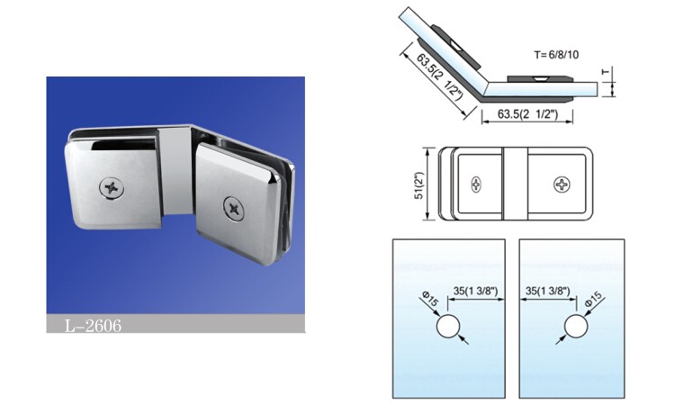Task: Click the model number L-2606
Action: (93, 326)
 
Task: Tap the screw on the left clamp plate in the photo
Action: (112, 188)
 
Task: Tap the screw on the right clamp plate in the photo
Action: (234, 209)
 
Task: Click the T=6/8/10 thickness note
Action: (556, 55)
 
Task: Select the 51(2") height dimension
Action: (418, 185)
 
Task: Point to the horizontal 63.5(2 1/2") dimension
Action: (527, 114)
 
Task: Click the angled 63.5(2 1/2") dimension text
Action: (439, 76)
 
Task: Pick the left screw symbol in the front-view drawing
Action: (476, 184)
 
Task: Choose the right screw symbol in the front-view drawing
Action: (562, 184)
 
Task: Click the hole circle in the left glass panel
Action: (448, 326)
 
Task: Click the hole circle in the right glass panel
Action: (576, 326)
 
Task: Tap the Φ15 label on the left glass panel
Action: (430, 299)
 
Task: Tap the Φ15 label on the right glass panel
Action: (594, 299)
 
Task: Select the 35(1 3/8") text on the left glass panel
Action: (476, 291)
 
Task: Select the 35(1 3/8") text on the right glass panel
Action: (547, 291)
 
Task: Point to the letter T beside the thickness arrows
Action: (606, 72)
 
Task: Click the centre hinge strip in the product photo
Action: (175, 170)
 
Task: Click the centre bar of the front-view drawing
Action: (515, 184)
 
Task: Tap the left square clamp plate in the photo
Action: (112, 183)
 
